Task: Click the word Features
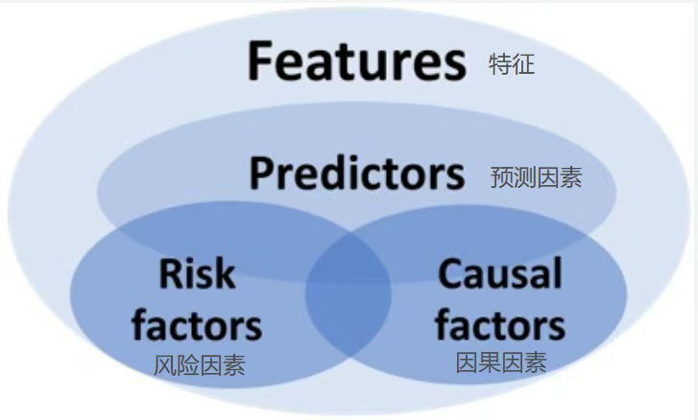click(357, 60)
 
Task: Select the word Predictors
click(357, 174)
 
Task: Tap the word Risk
click(197, 273)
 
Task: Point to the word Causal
click(500, 273)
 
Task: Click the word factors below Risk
click(197, 325)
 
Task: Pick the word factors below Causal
click(500, 325)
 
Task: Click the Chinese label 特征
click(512, 64)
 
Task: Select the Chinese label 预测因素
click(537, 177)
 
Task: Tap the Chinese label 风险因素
click(200, 365)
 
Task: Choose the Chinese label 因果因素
click(501, 362)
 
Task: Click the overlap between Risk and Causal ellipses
click(349, 294)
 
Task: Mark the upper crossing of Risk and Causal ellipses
click(349, 231)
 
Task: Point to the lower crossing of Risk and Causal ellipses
click(349, 357)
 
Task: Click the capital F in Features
click(260, 60)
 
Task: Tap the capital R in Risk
click(172, 273)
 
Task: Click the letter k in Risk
click(225, 273)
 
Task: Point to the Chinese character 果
click(490, 362)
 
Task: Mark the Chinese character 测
click(525, 177)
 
